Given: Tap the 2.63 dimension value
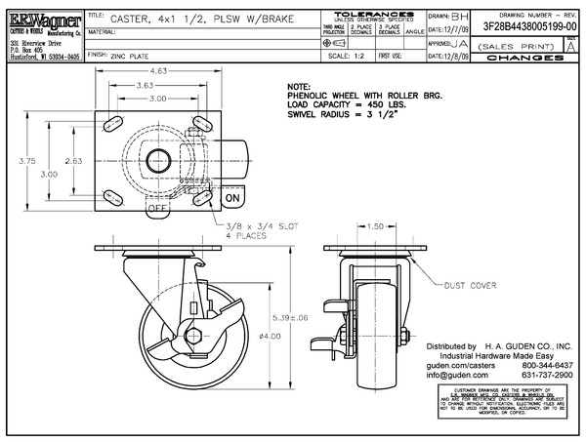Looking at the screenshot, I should click(x=71, y=161).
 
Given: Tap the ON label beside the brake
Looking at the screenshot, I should click(x=232, y=198).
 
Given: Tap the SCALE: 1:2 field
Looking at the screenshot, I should click(x=345, y=57).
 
